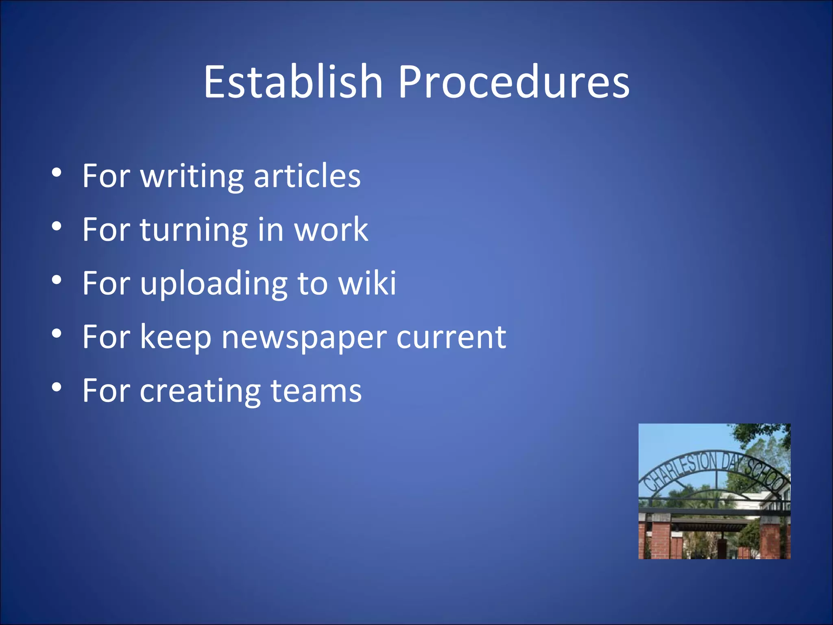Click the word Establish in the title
[x=293, y=82]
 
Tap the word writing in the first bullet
[x=192, y=177]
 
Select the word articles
[x=307, y=176]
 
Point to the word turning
[x=194, y=230]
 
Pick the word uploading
[x=214, y=284]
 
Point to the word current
[x=451, y=338]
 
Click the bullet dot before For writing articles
[x=57, y=173]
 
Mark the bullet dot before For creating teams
[x=57, y=388]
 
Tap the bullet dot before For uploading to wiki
[x=57, y=280]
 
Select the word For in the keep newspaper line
[x=106, y=337]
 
